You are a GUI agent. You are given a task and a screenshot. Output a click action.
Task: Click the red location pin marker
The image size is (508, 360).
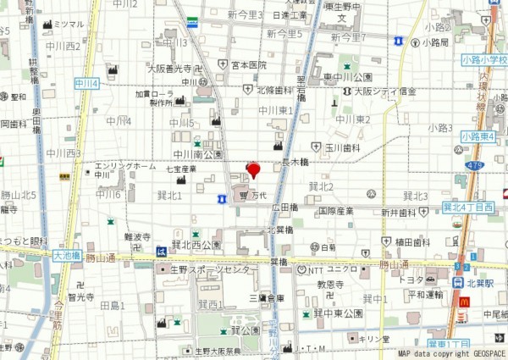[252, 169]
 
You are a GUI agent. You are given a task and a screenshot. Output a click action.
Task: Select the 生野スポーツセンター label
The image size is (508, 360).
[217, 269]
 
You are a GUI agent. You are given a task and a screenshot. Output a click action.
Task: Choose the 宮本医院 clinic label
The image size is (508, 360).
[248, 64]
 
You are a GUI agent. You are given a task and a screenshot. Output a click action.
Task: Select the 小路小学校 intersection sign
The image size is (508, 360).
[485, 60]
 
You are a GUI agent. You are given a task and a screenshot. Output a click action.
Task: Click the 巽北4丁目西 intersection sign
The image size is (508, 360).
[467, 207]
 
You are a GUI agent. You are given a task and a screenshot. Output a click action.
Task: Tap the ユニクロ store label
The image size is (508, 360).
[342, 269]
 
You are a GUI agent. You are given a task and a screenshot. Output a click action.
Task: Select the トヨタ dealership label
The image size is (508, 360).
[411, 280]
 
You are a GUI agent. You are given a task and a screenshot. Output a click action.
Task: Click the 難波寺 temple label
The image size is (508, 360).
[137, 237]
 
